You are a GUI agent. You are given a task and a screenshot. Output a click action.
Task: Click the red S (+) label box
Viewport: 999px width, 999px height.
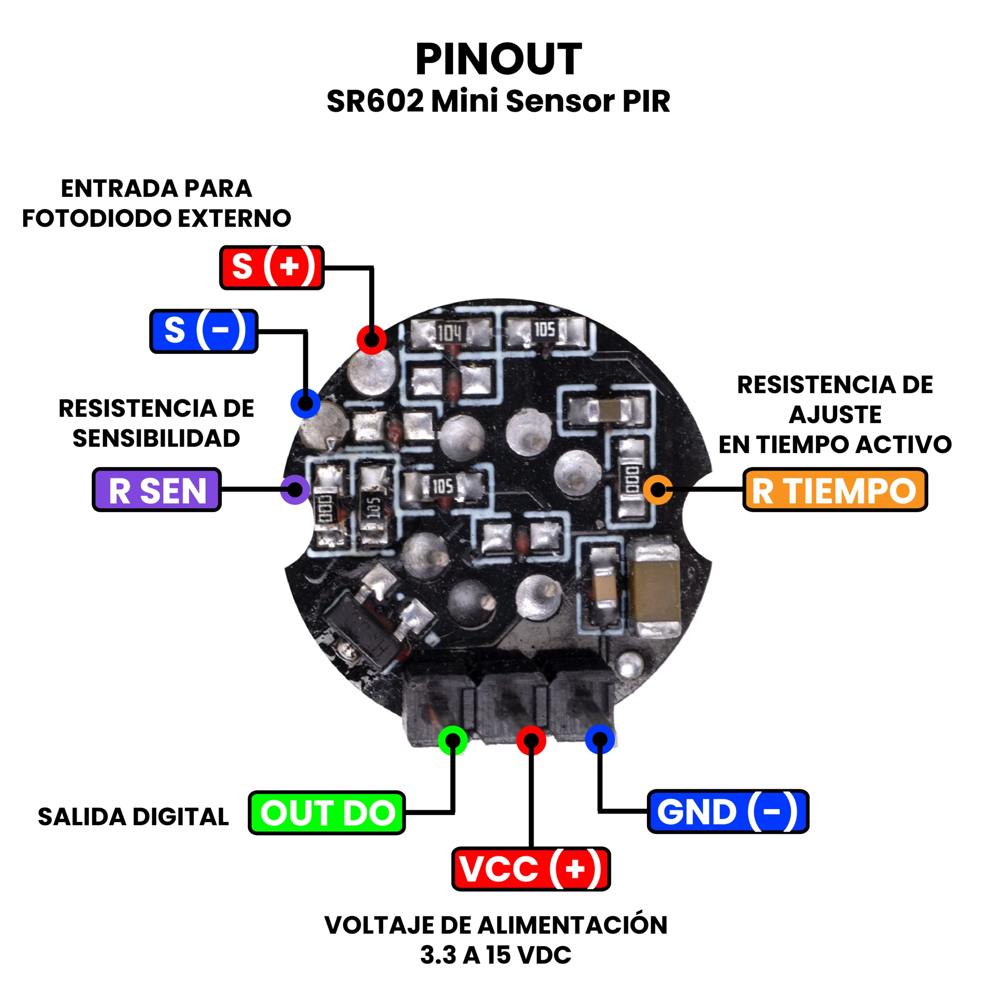coord(272,267)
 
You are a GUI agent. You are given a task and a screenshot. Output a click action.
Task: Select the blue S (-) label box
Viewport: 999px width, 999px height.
coord(204,331)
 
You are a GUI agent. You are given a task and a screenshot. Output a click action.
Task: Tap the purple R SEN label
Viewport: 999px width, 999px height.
coord(156,490)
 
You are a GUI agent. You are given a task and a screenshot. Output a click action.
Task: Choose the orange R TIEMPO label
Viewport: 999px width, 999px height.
coord(835,490)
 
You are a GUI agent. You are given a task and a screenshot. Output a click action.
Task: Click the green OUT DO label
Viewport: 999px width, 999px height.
coord(326,812)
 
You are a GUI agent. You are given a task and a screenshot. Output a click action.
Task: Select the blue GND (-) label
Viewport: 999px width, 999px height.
coord(727,811)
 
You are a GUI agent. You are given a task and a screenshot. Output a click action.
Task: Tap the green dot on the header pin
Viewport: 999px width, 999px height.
coord(452,740)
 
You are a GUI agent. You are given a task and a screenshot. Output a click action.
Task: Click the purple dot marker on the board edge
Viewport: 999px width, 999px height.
coord(295,490)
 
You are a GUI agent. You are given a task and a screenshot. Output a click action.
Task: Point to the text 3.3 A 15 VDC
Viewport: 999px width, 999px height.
coord(495,955)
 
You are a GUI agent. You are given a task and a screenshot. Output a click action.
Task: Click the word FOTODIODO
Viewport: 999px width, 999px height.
coord(98,218)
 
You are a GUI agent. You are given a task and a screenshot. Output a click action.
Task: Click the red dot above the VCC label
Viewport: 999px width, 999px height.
coord(531,740)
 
